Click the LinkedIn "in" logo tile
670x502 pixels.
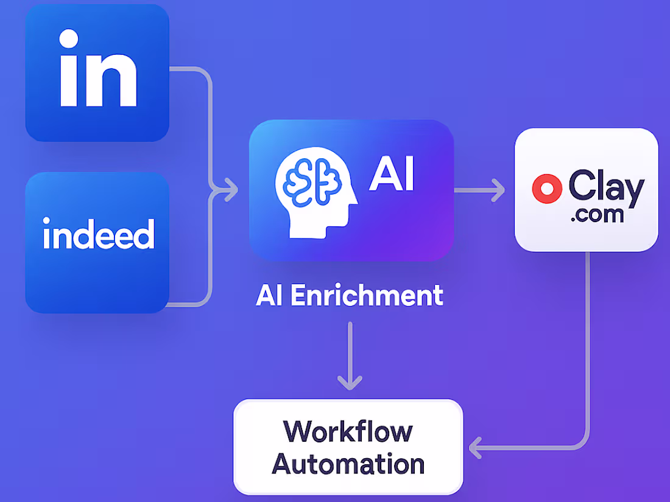(97, 73)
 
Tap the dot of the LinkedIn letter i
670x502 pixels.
(69, 40)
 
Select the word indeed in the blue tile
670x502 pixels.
(99, 235)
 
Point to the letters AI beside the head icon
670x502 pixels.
(392, 175)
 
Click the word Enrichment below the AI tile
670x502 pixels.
(366, 295)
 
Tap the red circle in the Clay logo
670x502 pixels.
(546, 189)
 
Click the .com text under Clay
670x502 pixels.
(597, 215)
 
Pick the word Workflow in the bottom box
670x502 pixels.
(348, 431)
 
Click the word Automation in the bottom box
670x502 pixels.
(348, 464)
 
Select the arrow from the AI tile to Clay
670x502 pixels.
(479, 190)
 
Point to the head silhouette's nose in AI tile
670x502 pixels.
(353, 202)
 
